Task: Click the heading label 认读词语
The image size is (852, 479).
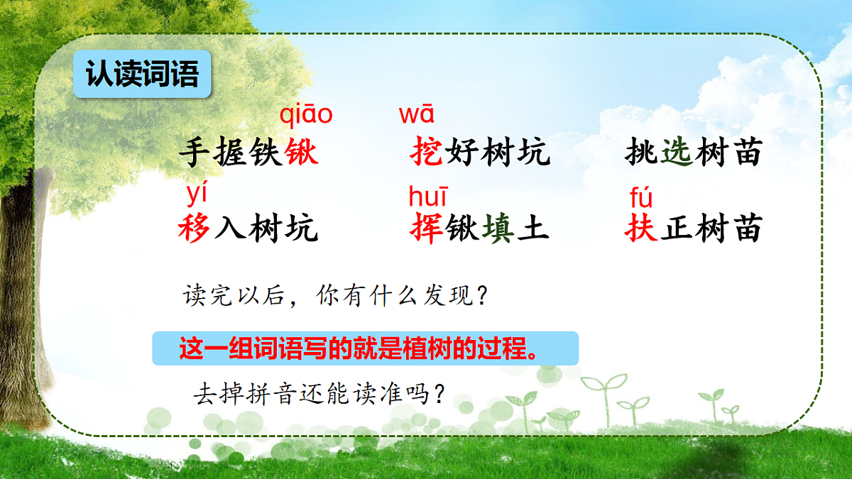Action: pyautogui.click(x=142, y=74)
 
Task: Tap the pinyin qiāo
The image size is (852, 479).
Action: pyautogui.click(x=306, y=114)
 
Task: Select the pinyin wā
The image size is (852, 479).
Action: pyautogui.click(x=417, y=114)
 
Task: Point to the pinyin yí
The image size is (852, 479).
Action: pyautogui.click(x=197, y=192)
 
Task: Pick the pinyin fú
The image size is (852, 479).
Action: pyautogui.click(x=640, y=197)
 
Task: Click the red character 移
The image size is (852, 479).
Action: pyautogui.click(x=195, y=229)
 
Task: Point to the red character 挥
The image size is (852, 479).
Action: pyautogui.click(x=427, y=229)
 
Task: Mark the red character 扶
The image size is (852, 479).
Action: pyautogui.click(x=642, y=229)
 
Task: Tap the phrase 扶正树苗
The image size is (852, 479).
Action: pyautogui.click(x=694, y=229)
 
